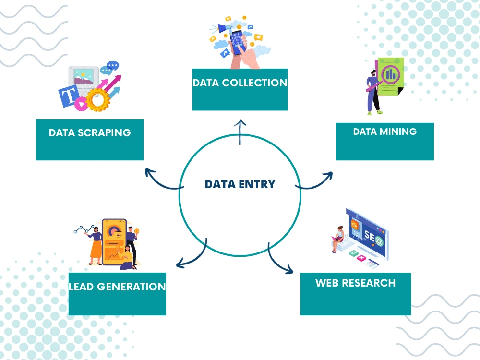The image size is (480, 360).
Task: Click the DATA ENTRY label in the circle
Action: tap(240, 184)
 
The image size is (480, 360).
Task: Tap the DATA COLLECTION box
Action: tap(240, 89)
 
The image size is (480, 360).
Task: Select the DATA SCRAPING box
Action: tap(90, 140)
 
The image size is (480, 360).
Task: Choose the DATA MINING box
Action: tap(385, 142)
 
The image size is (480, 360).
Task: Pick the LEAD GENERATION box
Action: tap(117, 294)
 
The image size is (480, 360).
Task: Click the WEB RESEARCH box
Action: tap(356, 294)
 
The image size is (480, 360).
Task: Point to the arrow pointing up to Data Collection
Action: tap(240, 132)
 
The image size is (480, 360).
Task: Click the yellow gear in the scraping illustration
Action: tap(98, 99)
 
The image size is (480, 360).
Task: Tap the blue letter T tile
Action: tap(69, 96)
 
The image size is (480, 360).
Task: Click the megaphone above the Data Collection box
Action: tap(225, 28)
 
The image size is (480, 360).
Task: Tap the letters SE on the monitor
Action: tap(370, 236)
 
